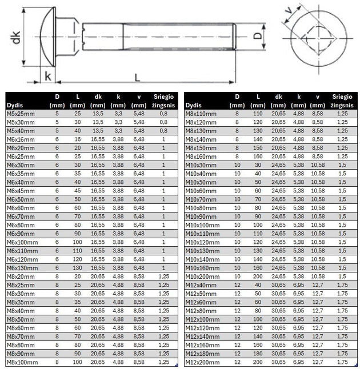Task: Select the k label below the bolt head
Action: pyautogui.click(x=48, y=76)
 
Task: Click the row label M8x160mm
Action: pyautogui.click(x=203, y=157)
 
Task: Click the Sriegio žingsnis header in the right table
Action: pyautogui.click(x=342, y=101)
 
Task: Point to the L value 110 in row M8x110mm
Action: pyautogui.click(x=258, y=114)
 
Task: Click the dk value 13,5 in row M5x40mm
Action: pyautogui.click(x=98, y=131)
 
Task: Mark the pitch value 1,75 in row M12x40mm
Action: pyautogui.click(x=342, y=285)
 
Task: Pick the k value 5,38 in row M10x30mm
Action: pyautogui.click(x=298, y=165)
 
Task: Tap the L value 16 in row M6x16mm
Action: pyautogui.click(x=77, y=139)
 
